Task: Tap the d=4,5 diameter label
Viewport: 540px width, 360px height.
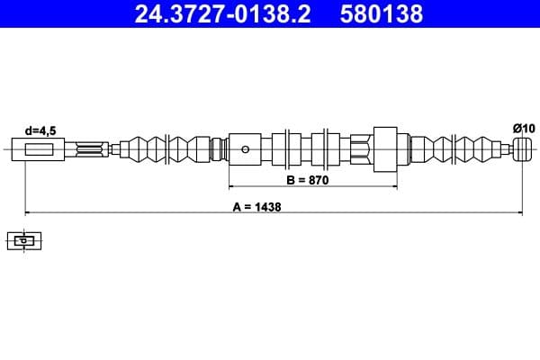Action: point(40,130)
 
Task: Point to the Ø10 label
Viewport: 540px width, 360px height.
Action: point(523,129)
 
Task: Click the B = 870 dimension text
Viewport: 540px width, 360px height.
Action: point(309,180)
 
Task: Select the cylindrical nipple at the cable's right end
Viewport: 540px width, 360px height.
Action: point(524,148)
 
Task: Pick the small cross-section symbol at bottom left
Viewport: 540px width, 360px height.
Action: point(24,240)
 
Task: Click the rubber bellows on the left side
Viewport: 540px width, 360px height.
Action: point(166,148)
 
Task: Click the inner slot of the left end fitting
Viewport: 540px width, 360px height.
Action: point(40,149)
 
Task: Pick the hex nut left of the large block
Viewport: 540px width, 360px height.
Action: point(360,148)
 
